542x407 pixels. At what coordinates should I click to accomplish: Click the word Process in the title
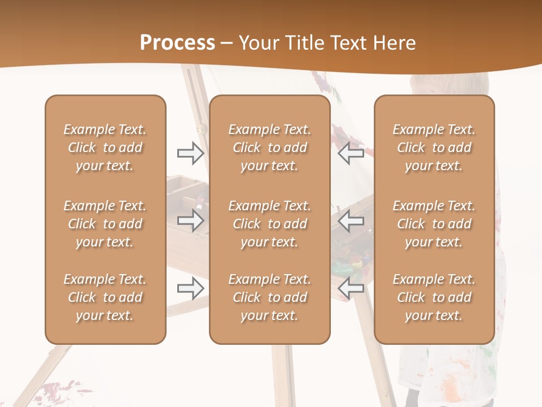177,43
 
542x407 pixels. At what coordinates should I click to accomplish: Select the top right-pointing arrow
190,153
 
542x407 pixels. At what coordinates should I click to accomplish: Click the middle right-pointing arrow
190,220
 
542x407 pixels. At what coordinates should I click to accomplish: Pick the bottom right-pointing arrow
190,289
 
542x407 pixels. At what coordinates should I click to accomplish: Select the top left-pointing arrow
351,153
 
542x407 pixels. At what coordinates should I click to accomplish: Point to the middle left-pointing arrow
351,220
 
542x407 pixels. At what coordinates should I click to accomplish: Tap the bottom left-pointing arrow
351,289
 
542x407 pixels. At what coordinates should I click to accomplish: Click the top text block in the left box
105,148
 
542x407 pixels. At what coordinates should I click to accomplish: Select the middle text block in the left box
105,224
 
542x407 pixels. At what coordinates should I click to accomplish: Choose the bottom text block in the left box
105,297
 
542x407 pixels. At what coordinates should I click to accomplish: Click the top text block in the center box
269,148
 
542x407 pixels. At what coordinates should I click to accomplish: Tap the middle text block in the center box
269,224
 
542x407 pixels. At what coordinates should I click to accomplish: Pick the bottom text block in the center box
269,297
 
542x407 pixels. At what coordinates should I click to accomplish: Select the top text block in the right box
434,148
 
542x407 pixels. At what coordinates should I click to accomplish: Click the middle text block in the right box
434,224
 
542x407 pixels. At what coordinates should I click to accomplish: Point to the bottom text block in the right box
434,297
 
